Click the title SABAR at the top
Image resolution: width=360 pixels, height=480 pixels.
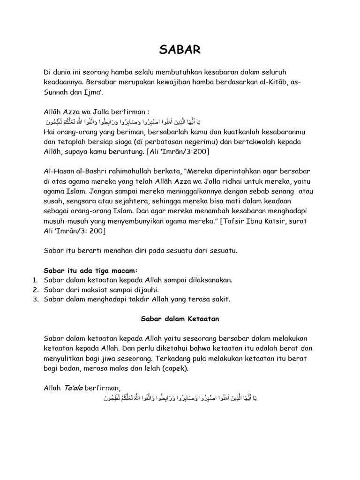click(x=180, y=50)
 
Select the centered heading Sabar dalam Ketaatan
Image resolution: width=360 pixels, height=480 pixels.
click(x=180, y=319)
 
